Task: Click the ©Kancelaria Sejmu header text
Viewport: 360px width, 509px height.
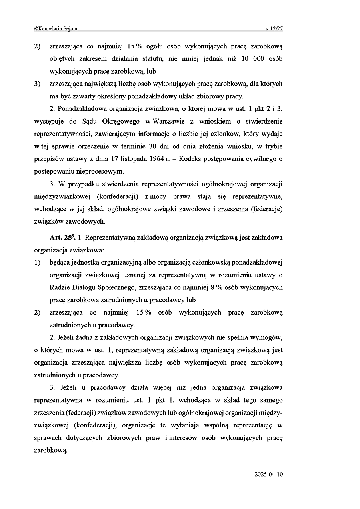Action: [56, 28]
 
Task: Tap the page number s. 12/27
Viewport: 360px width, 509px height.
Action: [274, 28]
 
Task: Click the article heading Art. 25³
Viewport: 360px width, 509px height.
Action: [62, 238]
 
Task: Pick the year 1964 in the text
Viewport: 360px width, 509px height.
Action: [155, 159]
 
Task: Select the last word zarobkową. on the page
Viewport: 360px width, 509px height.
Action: [51, 450]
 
